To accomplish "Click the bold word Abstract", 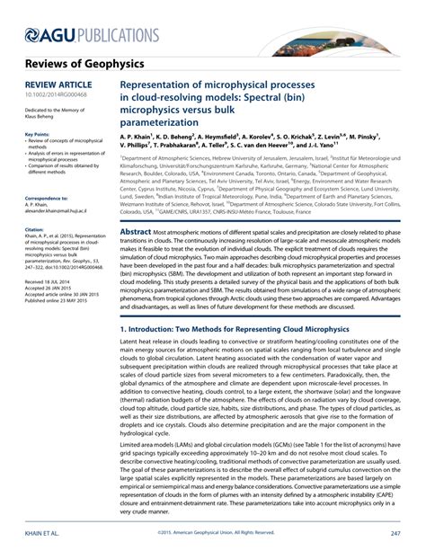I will click(x=137, y=231).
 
